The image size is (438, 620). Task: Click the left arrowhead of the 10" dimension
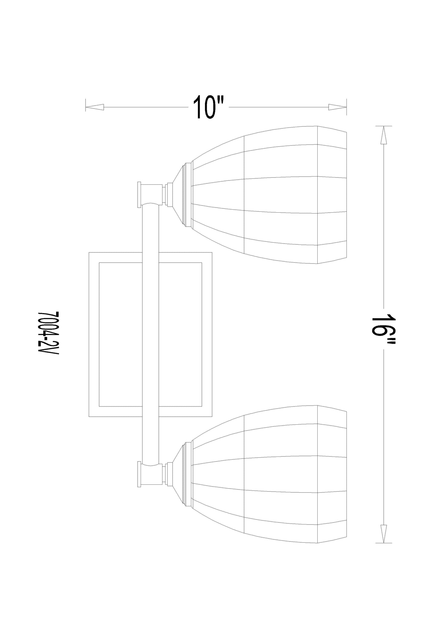(95, 107)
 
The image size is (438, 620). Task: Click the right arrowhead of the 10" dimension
(338, 107)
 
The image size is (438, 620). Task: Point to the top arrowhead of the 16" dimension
(384, 135)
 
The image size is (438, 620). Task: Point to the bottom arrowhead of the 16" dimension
(384, 534)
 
